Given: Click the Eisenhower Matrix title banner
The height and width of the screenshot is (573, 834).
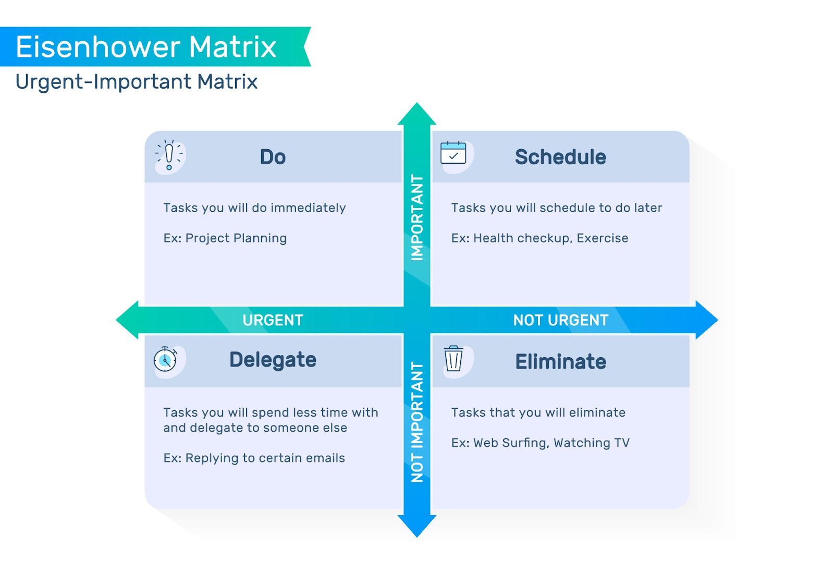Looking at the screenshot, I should [x=146, y=47].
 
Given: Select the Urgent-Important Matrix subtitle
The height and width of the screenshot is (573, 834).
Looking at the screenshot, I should [x=137, y=82].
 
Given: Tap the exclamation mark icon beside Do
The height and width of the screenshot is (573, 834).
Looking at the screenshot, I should [x=169, y=155].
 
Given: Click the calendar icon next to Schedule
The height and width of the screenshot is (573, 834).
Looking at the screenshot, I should [x=453, y=153].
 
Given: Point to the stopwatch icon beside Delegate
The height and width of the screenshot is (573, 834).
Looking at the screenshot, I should [x=165, y=359].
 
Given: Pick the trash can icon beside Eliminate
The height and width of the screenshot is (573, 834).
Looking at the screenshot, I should [x=453, y=359].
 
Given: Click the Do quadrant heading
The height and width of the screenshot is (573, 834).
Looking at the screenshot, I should [x=273, y=157].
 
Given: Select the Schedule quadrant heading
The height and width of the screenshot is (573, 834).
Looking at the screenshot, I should [x=560, y=157].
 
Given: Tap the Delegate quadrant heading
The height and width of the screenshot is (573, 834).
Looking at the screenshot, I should [x=273, y=360].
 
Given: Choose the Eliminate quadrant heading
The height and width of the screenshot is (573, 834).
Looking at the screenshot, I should [x=560, y=362].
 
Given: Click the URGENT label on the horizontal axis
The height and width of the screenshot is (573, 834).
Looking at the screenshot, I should [x=273, y=320].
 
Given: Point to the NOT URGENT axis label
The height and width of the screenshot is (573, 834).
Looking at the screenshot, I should [x=561, y=320].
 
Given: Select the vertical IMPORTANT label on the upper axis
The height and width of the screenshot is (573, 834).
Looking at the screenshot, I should [x=417, y=217].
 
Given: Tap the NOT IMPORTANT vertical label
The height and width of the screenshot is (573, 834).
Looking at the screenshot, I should [x=417, y=422].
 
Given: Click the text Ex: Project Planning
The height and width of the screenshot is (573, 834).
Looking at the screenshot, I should [x=225, y=238].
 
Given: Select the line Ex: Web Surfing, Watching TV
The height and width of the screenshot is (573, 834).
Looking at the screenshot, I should [x=541, y=443].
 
